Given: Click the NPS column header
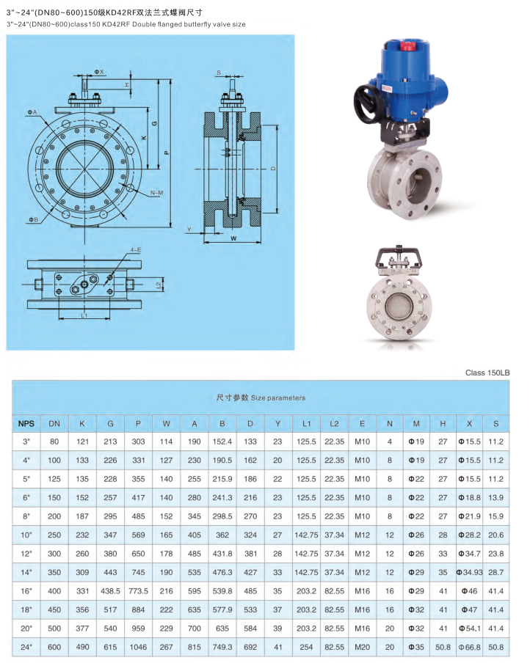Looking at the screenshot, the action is (x=26, y=423).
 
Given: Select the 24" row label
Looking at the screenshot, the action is (x=26, y=647).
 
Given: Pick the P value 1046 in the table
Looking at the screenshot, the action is (x=139, y=647).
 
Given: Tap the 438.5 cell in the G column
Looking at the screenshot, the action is (x=111, y=591).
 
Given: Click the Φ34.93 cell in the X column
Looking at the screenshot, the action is (x=470, y=572).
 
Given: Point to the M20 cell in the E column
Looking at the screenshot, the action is (x=363, y=647).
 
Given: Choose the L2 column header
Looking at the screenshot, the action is (x=335, y=423).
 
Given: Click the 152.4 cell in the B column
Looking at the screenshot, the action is (x=222, y=442).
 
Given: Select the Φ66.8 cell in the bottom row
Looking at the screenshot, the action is (x=470, y=647).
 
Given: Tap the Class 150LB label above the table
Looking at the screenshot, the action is (x=487, y=373).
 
